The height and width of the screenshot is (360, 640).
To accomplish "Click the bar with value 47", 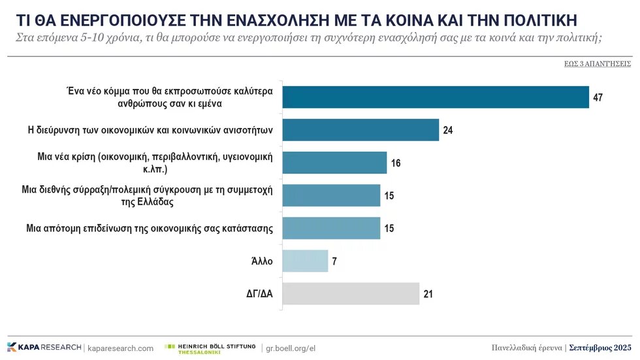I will pos(435,97).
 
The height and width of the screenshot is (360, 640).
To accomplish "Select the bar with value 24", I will pos(360,130).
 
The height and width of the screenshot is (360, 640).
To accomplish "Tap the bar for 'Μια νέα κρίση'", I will pos(334,163).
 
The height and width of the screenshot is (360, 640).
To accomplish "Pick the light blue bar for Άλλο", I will pos(304,261).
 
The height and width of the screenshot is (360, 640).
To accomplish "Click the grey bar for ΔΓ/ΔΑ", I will pos(350,294).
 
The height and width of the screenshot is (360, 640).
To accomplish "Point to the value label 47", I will pos(598,98).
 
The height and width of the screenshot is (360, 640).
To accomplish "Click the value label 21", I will pos(428,294).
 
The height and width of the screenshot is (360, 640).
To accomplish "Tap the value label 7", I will pos(334,261).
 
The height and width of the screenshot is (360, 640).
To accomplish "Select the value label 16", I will pos(396,163).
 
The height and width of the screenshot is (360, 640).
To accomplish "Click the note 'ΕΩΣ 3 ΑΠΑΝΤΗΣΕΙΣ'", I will pos(597,64).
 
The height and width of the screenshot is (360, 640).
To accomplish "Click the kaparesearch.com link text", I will pos(120,348).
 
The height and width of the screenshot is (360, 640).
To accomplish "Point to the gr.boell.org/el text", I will pos(288,348).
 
